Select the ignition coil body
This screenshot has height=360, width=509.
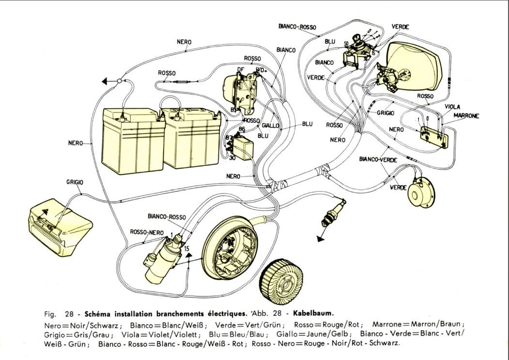click(160, 264)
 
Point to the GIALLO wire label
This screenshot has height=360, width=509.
click(270, 125)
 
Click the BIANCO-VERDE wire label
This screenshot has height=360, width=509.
click(379, 159)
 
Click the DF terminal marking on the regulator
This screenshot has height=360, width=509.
click(240, 70)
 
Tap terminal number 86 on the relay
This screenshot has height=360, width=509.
click(242, 129)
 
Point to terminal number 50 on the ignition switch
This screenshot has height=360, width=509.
click(346, 43)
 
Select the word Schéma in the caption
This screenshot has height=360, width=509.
click(99, 313)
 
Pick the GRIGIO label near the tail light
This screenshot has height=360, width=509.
click(75, 182)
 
